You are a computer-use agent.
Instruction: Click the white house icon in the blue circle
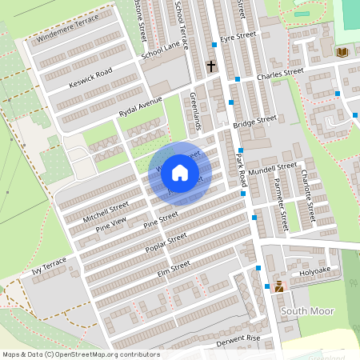[x=180, y=172]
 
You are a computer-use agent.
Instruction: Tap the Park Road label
[x=240, y=170]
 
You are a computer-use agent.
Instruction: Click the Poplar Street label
[x=166, y=242]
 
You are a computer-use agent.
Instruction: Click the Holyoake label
[x=315, y=270]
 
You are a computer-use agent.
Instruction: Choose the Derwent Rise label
[x=238, y=339]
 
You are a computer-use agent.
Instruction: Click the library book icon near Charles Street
[x=342, y=52]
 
